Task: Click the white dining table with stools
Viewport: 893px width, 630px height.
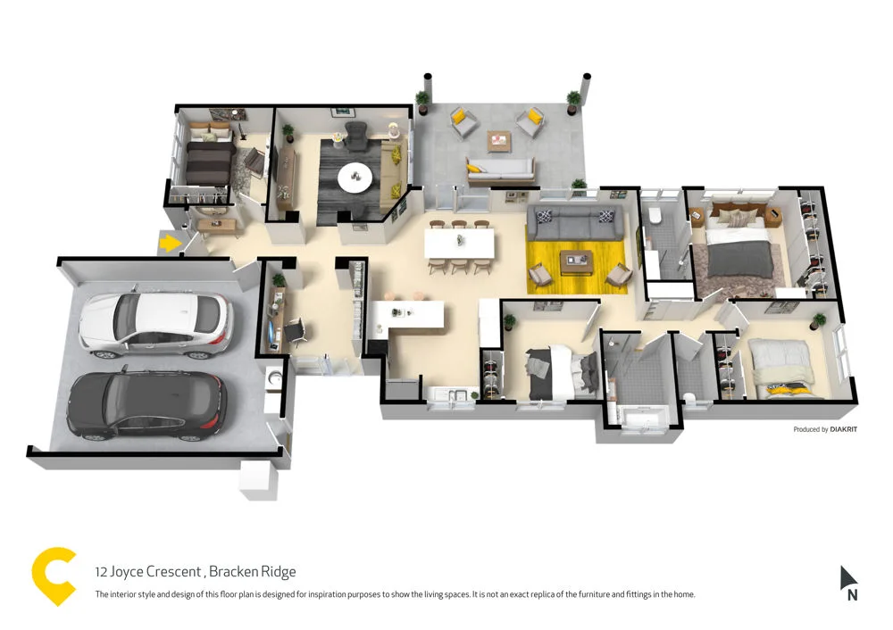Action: point(460,242)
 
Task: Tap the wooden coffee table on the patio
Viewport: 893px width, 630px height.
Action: point(498,140)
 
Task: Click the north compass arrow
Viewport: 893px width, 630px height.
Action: point(847,578)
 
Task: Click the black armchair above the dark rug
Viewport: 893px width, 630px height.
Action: point(355,137)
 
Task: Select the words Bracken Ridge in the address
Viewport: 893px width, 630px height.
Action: point(252,572)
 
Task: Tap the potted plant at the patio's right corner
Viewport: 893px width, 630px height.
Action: point(572,101)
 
